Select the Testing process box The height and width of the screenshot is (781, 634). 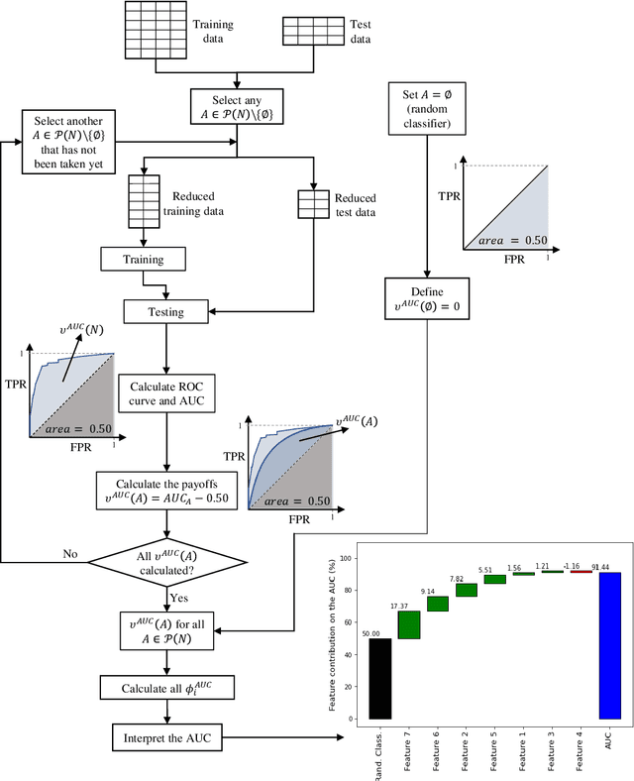point(166,312)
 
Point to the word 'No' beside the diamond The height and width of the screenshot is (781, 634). point(70,555)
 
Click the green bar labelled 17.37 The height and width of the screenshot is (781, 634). point(408,624)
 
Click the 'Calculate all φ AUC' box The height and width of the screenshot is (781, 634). point(166,689)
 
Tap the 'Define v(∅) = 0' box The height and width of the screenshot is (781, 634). point(427,298)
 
